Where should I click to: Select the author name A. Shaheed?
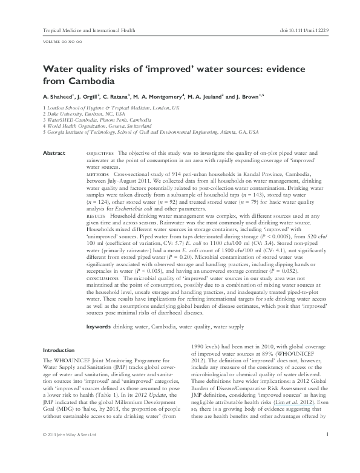(x=57, y=96)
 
